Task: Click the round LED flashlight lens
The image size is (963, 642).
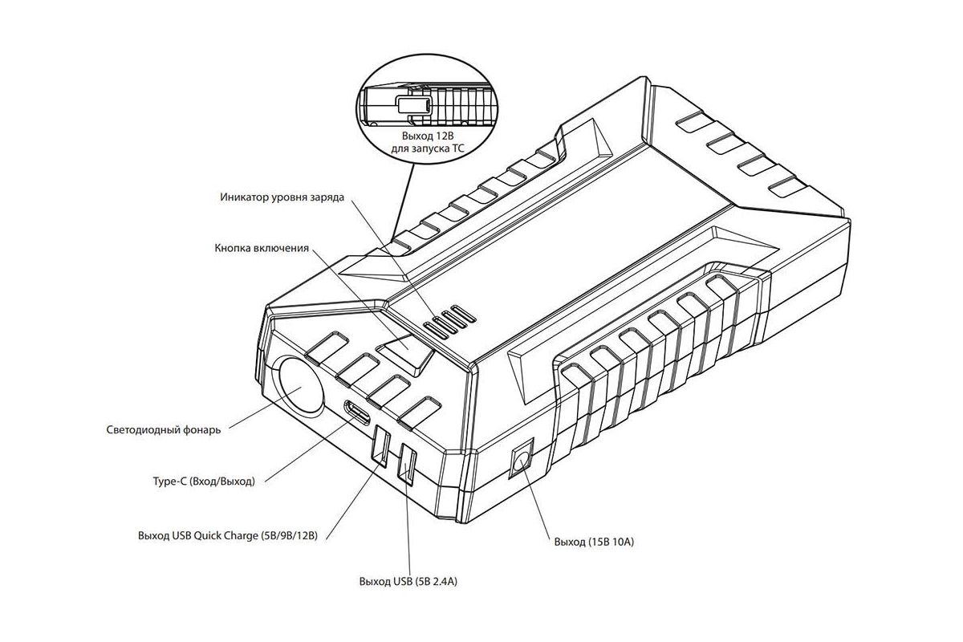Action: [300, 386]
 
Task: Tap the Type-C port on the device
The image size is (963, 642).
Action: [356, 412]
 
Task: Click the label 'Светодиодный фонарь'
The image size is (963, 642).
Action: [164, 429]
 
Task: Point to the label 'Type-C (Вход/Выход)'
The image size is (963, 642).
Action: [204, 481]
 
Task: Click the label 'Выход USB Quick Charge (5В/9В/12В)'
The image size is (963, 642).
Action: [228, 535]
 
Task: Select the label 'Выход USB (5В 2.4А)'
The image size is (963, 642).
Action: [408, 581]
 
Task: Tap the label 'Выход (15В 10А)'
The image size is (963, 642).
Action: [594, 542]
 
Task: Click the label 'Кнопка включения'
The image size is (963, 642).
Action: [262, 248]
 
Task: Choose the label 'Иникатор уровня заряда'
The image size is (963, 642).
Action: [282, 197]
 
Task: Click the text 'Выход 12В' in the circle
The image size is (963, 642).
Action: [428, 136]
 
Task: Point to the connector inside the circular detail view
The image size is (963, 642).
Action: [413, 104]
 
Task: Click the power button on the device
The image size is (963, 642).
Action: [404, 352]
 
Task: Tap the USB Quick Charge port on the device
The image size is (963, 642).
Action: [381, 445]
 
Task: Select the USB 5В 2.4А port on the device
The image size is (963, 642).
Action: [407, 464]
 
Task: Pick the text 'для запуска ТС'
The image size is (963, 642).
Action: [427, 149]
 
